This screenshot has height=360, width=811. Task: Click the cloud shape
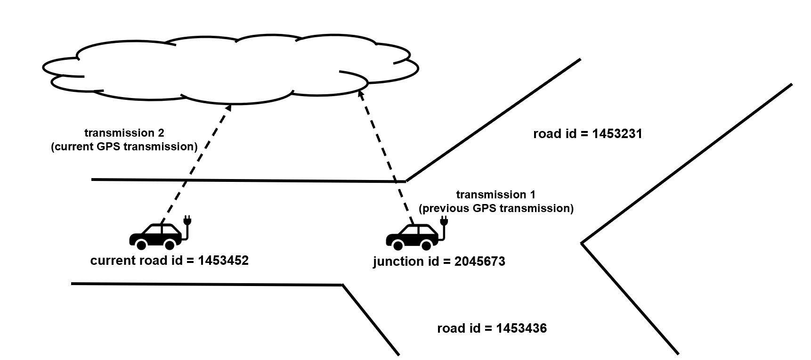pyautogui.click(x=231, y=68)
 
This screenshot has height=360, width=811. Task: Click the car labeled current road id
pyautogui.click(x=155, y=236)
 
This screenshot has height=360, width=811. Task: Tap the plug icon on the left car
pyautogui.click(x=187, y=221)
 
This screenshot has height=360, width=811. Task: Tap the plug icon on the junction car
pyautogui.click(x=443, y=221)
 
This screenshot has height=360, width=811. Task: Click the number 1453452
pyautogui.click(x=223, y=261)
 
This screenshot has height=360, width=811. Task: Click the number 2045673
pyautogui.click(x=479, y=262)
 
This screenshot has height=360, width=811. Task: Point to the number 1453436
pyautogui.click(x=521, y=328)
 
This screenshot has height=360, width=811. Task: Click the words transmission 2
pyautogui.click(x=124, y=133)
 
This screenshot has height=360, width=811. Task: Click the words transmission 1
pyautogui.click(x=495, y=195)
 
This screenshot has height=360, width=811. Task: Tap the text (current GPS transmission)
pyautogui.click(x=124, y=147)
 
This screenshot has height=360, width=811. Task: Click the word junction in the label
pyautogui.click(x=397, y=262)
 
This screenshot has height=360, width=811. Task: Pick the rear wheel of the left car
pyautogui.click(x=140, y=244)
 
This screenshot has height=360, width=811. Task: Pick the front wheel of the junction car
pyautogui.click(x=426, y=245)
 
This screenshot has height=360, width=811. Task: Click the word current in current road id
pyautogui.click(x=113, y=261)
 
